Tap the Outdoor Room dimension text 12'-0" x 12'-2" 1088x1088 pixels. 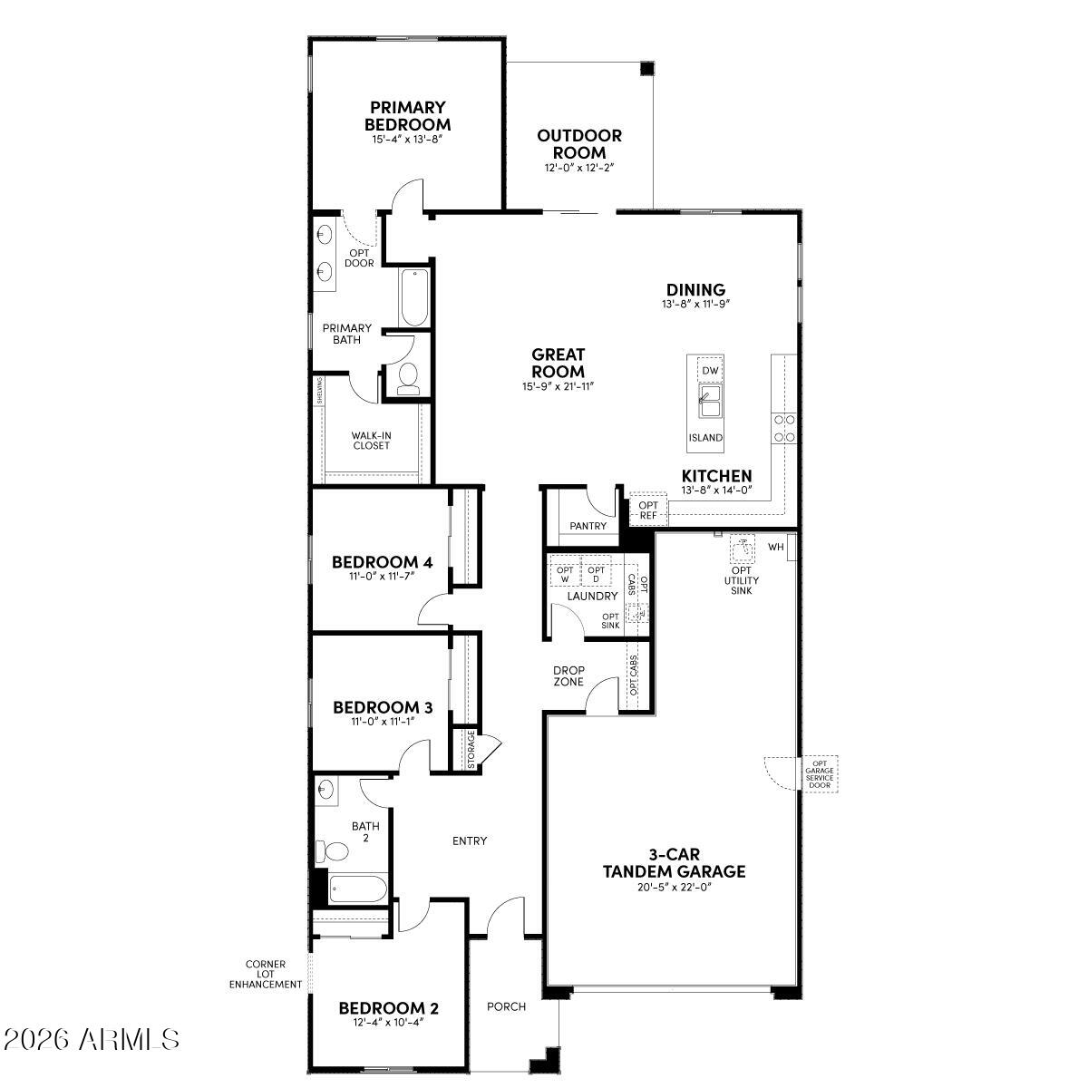tap(579, 169)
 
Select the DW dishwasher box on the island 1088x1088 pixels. tap(710, 371)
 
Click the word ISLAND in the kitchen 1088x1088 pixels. tap(705, 438)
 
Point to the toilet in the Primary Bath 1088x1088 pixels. tap(408, 378)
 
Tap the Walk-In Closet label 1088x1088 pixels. tap(371, 441)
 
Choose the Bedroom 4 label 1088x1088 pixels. tap(382, 562)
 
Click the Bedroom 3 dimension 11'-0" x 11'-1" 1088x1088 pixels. tap(382, 722)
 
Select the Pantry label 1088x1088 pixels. tap(588, 526)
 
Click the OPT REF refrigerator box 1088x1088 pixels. tap(647, 510)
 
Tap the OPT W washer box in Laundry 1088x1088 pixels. tap(563, 575)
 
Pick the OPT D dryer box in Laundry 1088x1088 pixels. tap(595, 575)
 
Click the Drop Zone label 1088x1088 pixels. tap(568, 676)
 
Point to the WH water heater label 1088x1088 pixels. tap(775, 547)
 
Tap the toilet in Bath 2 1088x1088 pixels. tap(333, 851)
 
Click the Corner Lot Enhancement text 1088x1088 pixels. tap(265, 974)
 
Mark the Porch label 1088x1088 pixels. tap(506, 1006)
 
